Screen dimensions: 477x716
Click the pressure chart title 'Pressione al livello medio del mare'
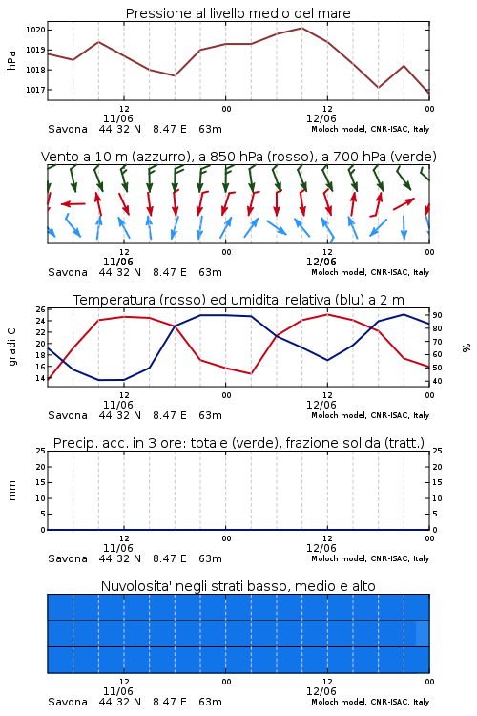tap(238, 13)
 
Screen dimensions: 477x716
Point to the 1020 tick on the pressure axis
tap(35, 31)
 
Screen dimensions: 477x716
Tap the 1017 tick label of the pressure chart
tap(35, 90)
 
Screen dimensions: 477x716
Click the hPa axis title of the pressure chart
tap(11, 60)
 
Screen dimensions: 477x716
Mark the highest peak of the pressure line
tap(301, 28)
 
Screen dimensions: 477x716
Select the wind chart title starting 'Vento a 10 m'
tap(238, 157)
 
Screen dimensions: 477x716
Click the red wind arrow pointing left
tap(73, 203)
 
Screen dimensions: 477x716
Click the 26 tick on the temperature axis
tap(41, 309)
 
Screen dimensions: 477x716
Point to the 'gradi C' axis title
tap(12, 347)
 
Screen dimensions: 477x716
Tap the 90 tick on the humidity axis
tap(437, 315)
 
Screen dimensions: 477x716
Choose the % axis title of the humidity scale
tap(467, 347)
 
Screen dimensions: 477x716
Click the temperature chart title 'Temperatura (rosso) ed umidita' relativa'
tap(238, 300)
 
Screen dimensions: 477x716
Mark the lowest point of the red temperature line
tap(48, 379)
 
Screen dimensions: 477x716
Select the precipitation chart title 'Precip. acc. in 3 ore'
tap(238, 443)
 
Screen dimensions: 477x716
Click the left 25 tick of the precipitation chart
tap(41, 452)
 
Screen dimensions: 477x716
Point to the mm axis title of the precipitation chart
tap(12, 491)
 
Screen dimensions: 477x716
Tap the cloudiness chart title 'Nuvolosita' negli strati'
tap(238, 586)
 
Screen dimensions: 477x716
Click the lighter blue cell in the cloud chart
tap(423, 633)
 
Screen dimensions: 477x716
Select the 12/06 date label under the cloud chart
tap(321, 691)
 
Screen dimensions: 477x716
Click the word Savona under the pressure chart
tap(68, 129)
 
